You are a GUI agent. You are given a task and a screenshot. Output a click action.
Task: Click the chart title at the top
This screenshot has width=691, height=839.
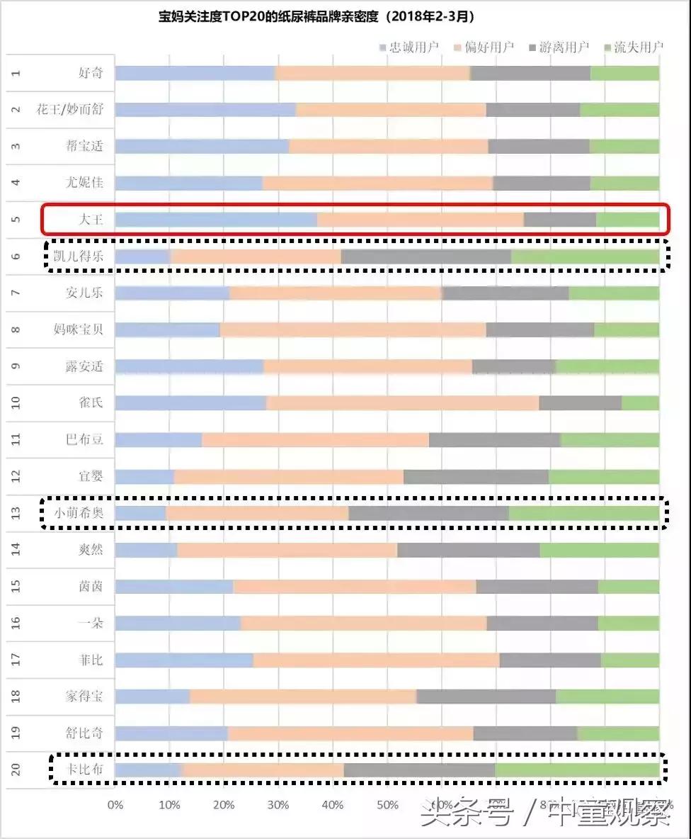click(x=326, y=16)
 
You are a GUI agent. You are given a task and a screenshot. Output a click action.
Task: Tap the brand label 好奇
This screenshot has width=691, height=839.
click(x=91, y=73)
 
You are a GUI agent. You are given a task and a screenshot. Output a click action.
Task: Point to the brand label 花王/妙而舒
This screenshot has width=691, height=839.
click(x=69, y=110)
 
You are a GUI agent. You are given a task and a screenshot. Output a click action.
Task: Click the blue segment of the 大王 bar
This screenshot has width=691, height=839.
click(x=216, y=220)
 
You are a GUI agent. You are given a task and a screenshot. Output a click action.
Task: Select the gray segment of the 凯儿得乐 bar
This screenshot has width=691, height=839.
click(x=426, y=257)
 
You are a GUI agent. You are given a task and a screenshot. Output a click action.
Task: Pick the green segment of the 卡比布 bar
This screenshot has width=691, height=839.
click(x=577, y=770)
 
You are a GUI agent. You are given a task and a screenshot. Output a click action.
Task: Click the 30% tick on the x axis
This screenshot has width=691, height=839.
click(x=278, y=805)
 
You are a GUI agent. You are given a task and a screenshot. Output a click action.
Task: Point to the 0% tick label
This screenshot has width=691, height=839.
click(x=115, y=805)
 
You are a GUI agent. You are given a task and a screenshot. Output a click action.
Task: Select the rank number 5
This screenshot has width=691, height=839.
click(x=16, y=220)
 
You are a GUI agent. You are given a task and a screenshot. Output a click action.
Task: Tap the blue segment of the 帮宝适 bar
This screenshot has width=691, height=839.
click(x=202, y=146)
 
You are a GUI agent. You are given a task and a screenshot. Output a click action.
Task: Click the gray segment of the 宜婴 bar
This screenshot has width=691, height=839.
click(x=476, y=476)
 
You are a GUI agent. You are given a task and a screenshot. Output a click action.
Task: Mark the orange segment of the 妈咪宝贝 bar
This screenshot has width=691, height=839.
click(x=353, y=330)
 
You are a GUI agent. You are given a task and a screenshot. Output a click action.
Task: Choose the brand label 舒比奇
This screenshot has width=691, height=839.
click(x=84, y=733)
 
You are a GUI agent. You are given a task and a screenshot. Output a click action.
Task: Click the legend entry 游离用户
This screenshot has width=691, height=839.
click(x=559, y=47)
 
